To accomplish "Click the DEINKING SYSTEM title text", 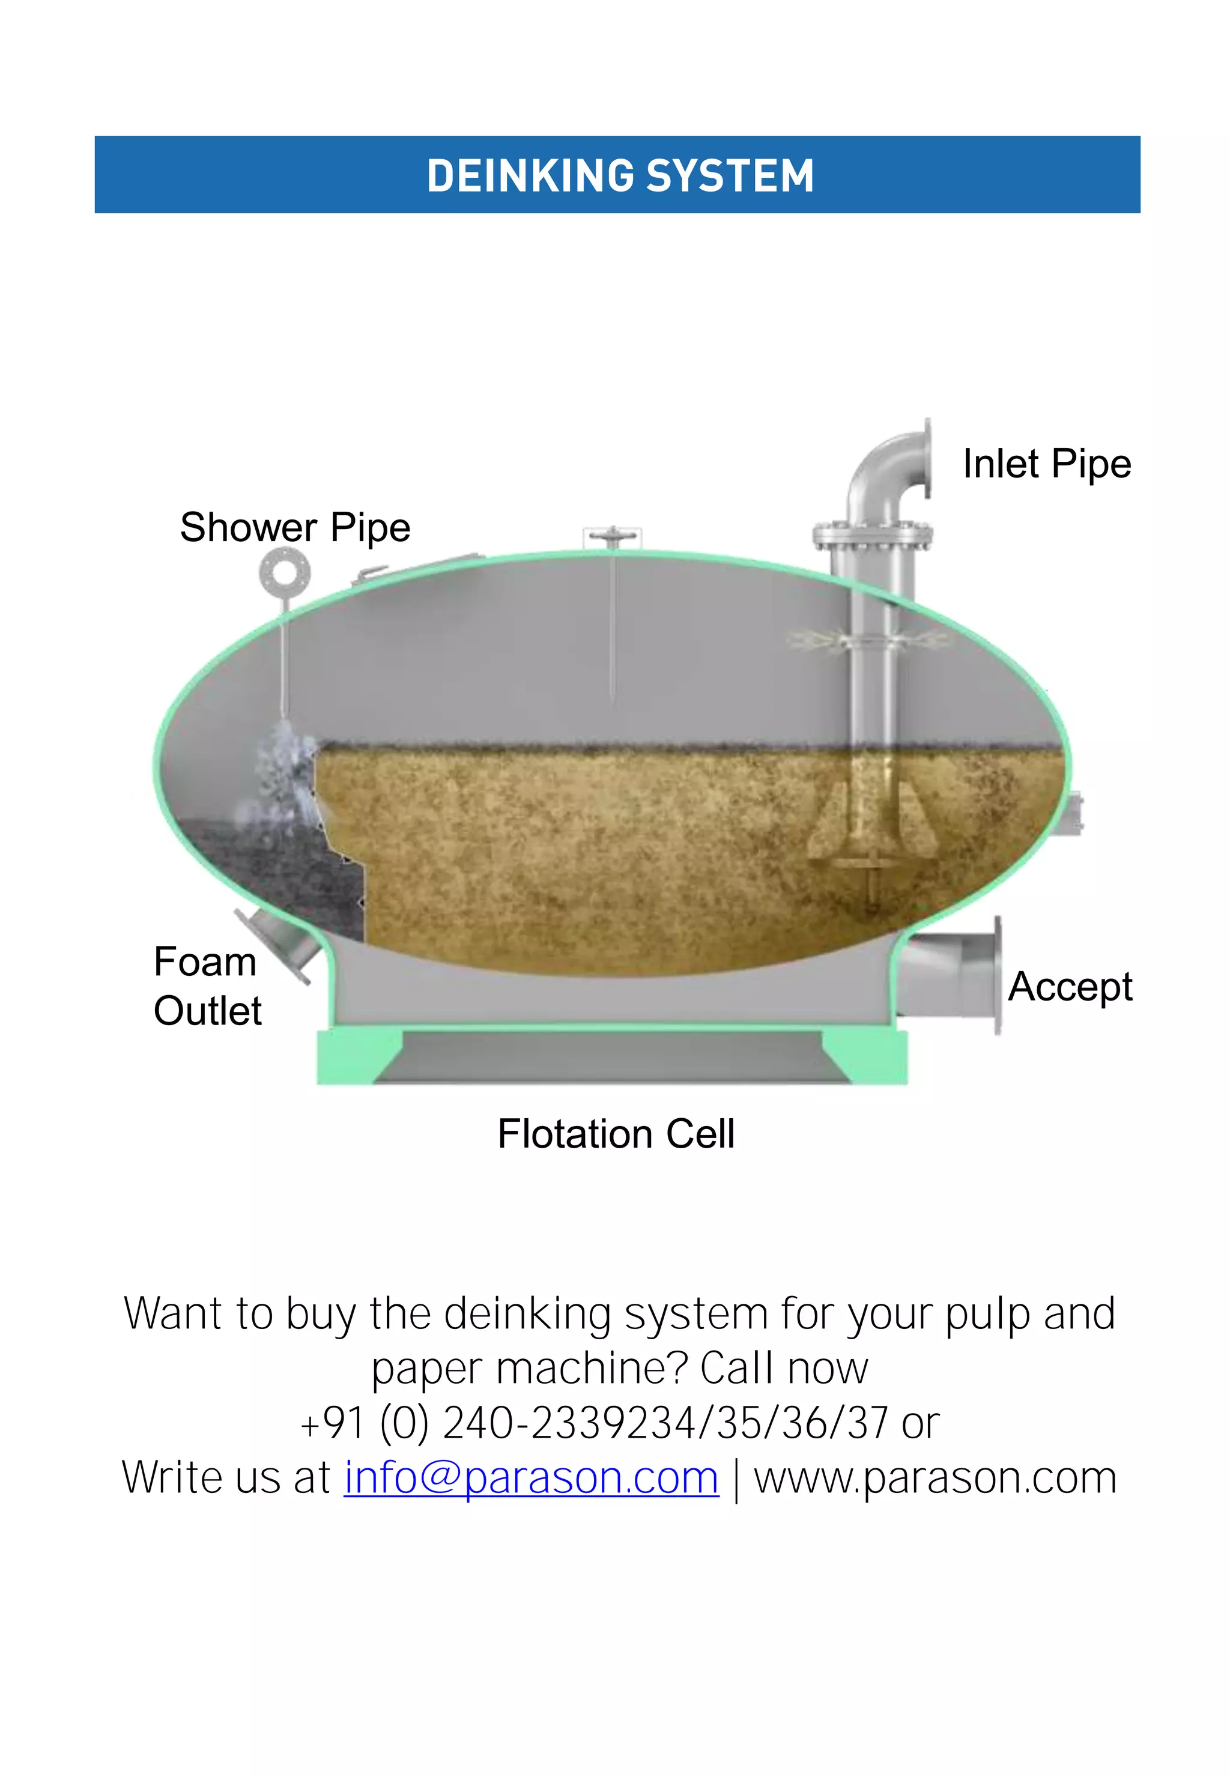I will pyautogui.click(x=620, y=176).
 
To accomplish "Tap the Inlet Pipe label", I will pyautogui.click(x=1047, y=464).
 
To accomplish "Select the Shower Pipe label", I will pyautogui.click(x=295, y=528).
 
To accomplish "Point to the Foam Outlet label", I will pyautogui.click(x=207, y=985).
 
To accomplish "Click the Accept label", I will pyautogui.click(x=1070, y=986).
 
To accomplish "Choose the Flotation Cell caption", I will pyautogui.click(x=616, y=1134).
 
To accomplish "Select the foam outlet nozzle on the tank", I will pyautogui.click(x=274, y=945).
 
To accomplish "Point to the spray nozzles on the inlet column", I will pyautogui.click(x=867, y=640).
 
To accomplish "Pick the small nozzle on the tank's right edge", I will pyautogui.click(x=1076, y=813).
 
